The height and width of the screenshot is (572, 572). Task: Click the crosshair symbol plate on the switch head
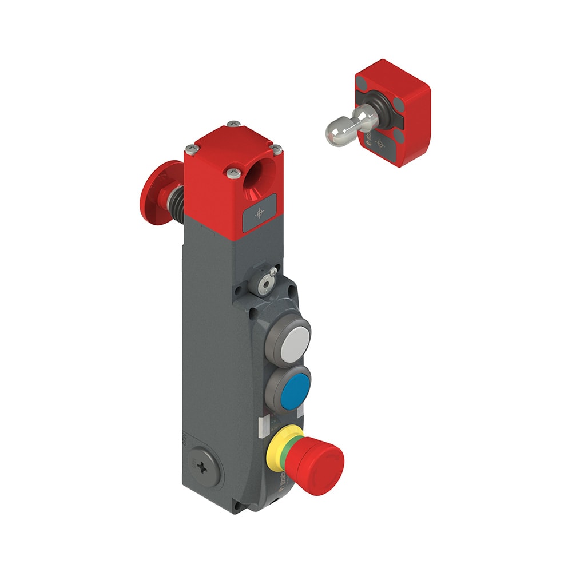coord(260,213)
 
